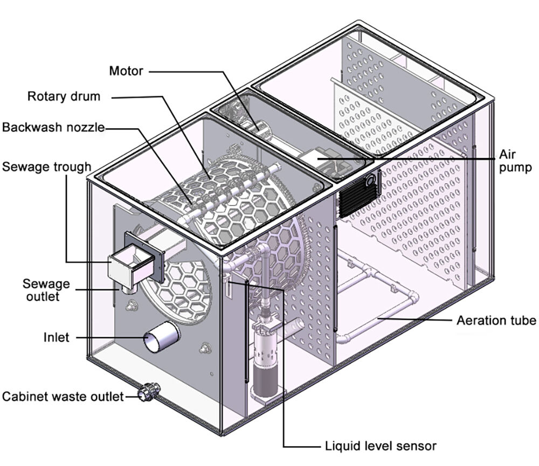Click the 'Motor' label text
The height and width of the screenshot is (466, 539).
click(127, 71)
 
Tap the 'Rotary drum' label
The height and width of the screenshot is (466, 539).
click(64, 96)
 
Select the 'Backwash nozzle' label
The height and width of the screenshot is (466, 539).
click(53, 128)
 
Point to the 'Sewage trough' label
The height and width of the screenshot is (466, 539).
click(46, 166)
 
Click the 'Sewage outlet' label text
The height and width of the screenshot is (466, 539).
click(46, 289)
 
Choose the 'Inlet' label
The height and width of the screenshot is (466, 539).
click(57, 338)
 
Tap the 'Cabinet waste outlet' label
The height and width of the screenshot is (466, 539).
click(63, 397)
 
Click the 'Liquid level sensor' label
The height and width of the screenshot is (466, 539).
click(381, 446)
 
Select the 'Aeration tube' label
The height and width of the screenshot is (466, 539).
click(496, 321)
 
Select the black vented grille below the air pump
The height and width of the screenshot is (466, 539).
click(359, 194)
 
